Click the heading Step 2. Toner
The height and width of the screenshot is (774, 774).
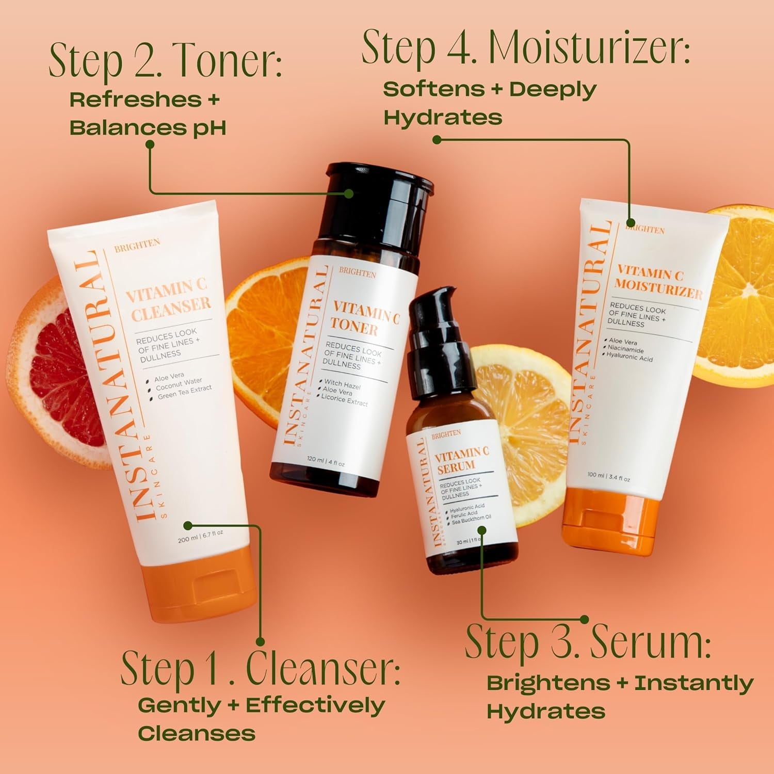165,61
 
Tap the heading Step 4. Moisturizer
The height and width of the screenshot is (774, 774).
525,47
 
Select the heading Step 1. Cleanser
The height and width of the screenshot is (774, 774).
260,668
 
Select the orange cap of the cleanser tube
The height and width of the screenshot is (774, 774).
201,588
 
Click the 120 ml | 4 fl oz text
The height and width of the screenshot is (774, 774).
325,461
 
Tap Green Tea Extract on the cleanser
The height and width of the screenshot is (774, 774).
184,392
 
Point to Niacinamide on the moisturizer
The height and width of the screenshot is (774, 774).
625,349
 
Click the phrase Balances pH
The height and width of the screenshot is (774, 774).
148,127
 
